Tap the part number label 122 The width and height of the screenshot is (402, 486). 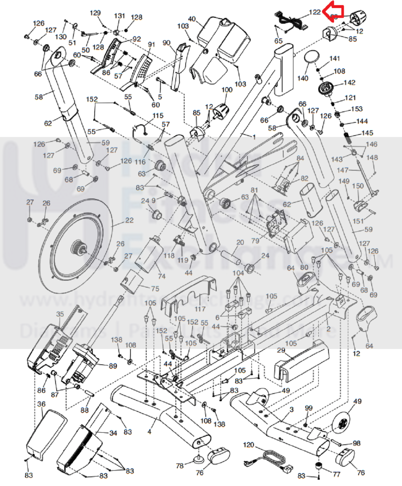click(315, 12)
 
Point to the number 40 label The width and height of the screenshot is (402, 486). click(192, 19)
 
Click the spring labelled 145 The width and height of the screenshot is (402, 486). click(347, 139)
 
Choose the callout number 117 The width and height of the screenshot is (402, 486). click(200, 309)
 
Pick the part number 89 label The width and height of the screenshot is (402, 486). click(113, 366)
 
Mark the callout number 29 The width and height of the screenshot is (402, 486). click(281, 350)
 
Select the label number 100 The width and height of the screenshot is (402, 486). click(227, 90)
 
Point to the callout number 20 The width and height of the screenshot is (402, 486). click(240, 242)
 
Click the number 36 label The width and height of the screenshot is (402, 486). click(41, 404)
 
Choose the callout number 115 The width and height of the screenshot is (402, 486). click(158, 116)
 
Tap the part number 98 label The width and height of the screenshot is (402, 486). click(356, 443)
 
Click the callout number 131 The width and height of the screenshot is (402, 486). click(119, 16)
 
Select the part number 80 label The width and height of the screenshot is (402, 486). click(304, 267)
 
